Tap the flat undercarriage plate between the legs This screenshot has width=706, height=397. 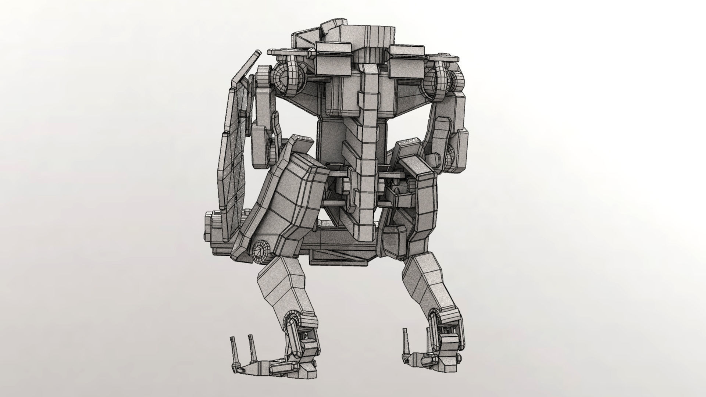tap(338, 254)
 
